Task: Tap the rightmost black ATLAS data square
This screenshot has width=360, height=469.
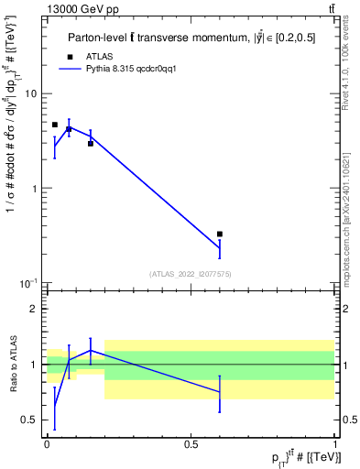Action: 220,234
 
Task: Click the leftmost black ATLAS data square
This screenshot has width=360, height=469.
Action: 55,125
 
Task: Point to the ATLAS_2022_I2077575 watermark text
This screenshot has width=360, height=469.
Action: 191,273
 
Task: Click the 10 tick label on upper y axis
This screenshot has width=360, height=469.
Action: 30,93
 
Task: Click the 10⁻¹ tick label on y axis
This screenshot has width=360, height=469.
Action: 28,283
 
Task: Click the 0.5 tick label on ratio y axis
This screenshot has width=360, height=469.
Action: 28,420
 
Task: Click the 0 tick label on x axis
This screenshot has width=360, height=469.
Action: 47,443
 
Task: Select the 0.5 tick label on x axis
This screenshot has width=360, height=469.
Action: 191,443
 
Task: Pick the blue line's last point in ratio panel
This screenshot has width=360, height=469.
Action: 220,392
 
